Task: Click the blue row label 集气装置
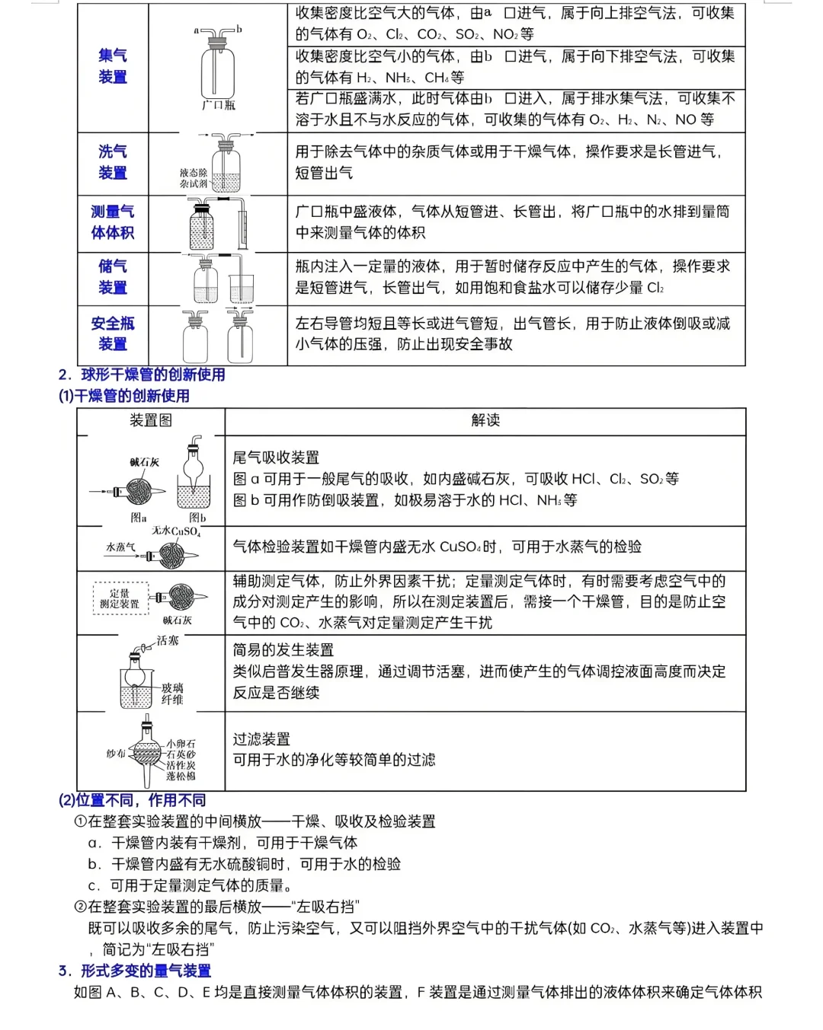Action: (x=113, y=66)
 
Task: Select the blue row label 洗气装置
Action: (x=113, y=162)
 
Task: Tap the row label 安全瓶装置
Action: (x=113, y=333)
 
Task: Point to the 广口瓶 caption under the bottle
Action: (x=218, y=105)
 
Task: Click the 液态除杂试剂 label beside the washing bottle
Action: (x=194, y=178)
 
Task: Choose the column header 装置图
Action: (x=150, y=420)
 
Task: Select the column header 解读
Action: (x=485, y=420)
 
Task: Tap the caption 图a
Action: (x=139, y=518)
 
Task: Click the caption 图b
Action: (x=197, y=518)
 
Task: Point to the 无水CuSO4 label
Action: (x=176, y=531)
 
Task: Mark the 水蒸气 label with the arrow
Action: (x=121, y=547)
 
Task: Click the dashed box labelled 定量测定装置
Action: (x=120, y=598)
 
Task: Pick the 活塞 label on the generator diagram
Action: (x=168, y=641)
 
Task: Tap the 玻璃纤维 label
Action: (x=172, y=694)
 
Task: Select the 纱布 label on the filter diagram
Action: (x=116, y=754)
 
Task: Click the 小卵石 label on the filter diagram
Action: (x=181, y=743)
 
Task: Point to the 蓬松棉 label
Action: (x=181, y=776)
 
